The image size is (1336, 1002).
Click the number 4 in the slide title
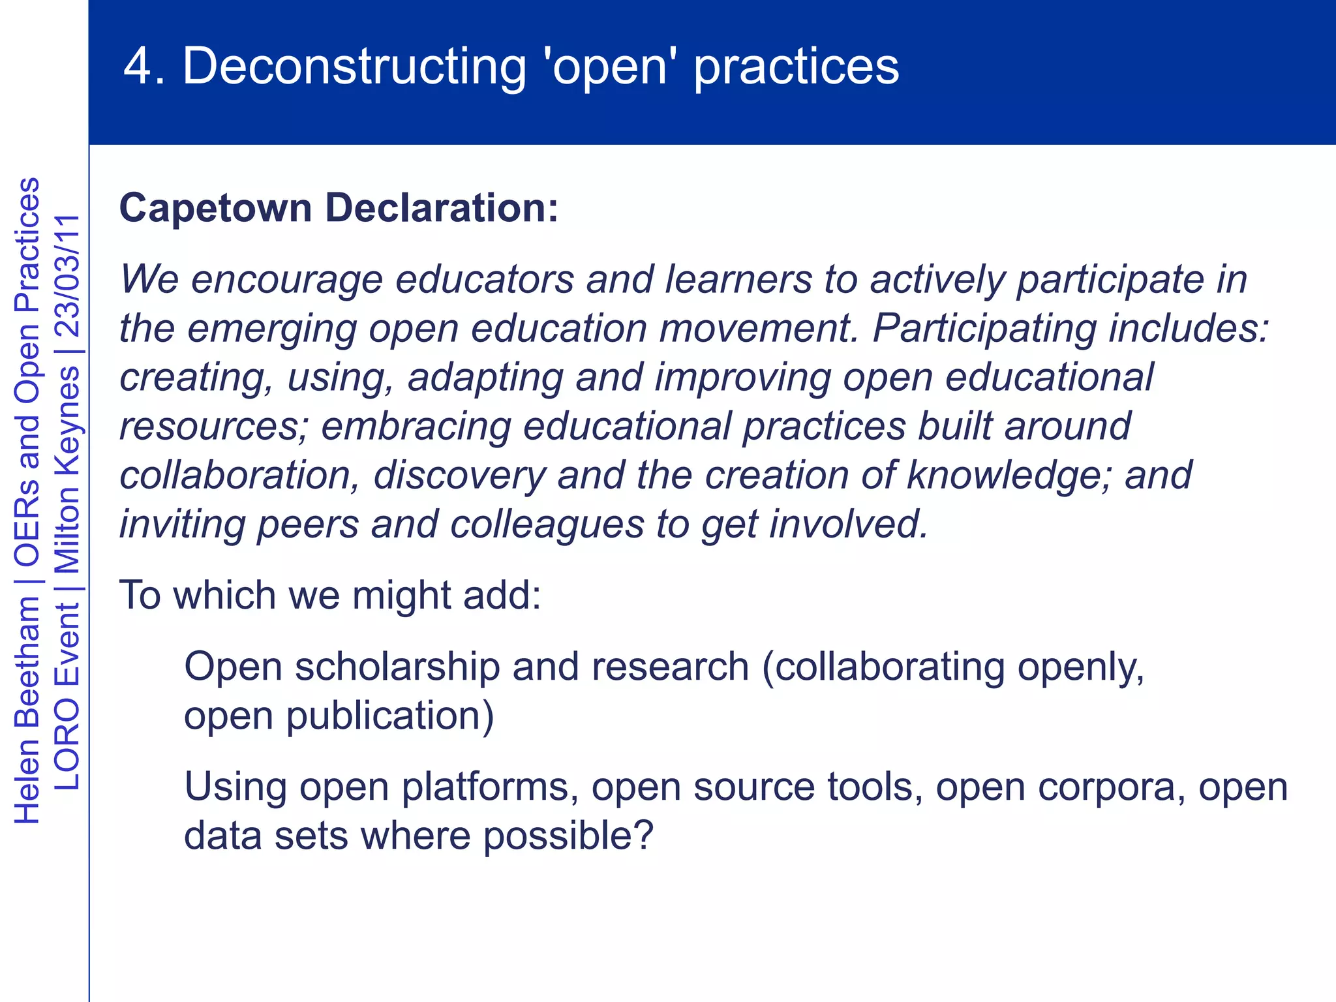(x=138, y=67)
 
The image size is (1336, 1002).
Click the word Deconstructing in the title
(x=354, y=67)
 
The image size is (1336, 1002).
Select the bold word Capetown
(x=216, y=209)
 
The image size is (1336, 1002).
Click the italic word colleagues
(x=547, y=524)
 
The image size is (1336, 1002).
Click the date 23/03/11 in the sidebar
(x=67, y=275)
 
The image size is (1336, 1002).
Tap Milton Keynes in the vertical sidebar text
(x=67, y=468)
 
